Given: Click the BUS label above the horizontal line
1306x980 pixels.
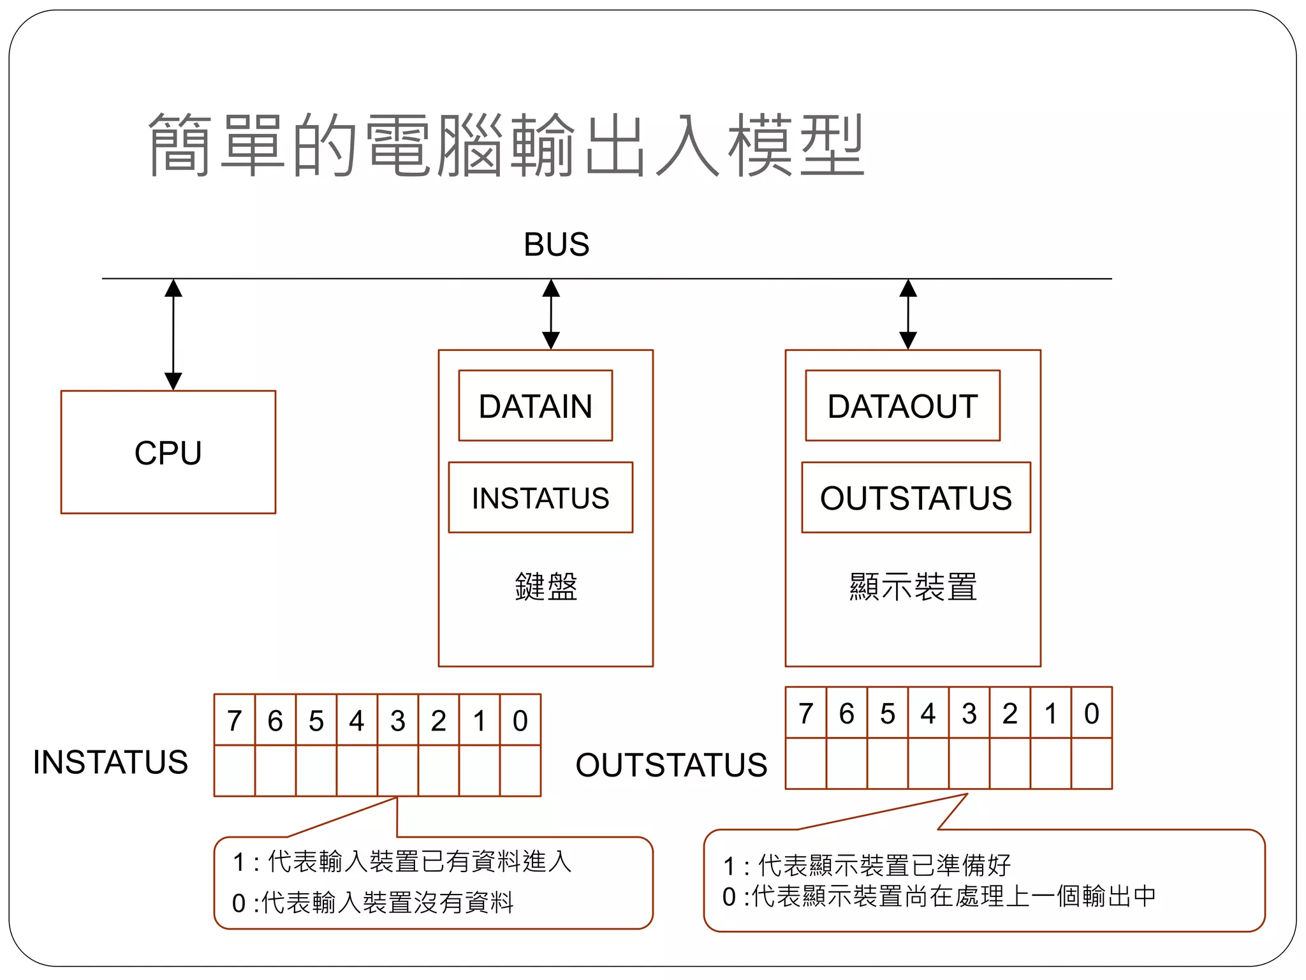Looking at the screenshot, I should coord(556,244).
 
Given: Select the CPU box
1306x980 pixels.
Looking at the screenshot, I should coord(168,452).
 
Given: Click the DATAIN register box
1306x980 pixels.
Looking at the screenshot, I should coord(535,406).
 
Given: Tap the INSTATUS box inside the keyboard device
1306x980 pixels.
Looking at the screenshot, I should coord(540,498).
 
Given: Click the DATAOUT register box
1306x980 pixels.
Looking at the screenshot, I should coord(902,406).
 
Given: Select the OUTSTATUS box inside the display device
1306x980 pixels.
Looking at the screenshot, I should coord(916,498).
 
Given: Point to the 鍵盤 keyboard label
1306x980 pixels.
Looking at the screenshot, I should coord(546,586).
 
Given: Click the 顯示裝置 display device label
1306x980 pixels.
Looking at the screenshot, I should coord(913,586).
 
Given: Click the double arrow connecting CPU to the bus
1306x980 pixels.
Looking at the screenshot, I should coord(173,334).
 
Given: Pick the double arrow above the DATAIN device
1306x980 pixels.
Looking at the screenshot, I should coord(551,314).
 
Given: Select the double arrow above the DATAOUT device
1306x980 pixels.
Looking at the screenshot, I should coord(908,314).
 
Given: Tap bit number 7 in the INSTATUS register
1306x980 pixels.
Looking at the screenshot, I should coord(234,721).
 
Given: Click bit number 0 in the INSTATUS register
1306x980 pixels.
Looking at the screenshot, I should coord(520,721).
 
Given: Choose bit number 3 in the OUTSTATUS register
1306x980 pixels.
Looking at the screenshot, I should coord(969,713).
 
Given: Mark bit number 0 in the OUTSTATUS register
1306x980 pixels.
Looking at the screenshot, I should coord(1091,713).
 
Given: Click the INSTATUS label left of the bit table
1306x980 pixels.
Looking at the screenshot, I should coord(110,762).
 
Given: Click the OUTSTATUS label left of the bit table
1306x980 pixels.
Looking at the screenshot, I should coord(671,765).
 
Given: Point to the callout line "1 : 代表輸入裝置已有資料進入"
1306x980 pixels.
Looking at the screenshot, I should coord(402,862).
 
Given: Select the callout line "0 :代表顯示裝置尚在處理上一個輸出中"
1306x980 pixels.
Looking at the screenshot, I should coord(939,896).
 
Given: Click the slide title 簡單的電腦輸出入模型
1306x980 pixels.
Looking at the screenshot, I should coord(506,145).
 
